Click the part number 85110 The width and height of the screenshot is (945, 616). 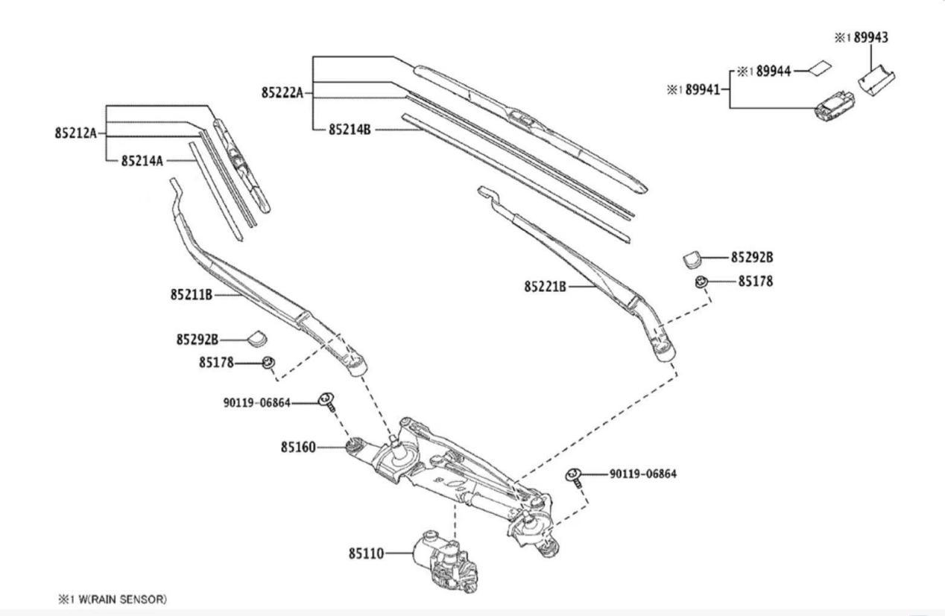coord(366,553)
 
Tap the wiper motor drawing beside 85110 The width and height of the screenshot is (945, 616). coord(445,562)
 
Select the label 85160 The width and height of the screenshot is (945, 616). coord(298,447)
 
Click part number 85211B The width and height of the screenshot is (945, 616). coord(192,295)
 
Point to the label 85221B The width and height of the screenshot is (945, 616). coord(545,287)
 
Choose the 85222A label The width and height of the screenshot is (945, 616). coord(282,93)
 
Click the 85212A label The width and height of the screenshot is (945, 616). coord(76,133)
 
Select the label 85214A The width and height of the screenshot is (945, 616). coord(142,161)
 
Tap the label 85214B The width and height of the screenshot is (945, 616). coord(350,130)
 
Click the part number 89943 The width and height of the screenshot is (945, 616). coord(871,37)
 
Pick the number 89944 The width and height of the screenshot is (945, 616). coord(774,72)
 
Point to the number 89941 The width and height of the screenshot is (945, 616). coord(703,90)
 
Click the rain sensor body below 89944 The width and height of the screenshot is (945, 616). coord(835,106)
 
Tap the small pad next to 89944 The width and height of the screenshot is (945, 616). coord(820,69)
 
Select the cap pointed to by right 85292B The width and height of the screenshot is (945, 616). coord(692,259)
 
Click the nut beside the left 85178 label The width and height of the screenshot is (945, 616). coord(269,362)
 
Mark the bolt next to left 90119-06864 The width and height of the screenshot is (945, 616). coord(327,402)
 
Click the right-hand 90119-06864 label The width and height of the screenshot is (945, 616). coord(643,474)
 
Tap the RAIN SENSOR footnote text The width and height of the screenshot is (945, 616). coord(113,599)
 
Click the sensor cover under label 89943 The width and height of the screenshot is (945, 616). coord(876,80)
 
